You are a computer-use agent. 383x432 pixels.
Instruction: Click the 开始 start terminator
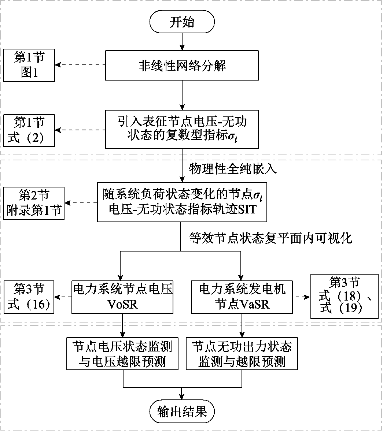182,22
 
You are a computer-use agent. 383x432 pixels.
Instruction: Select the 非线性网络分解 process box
182,66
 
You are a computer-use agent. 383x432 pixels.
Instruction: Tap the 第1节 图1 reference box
29,66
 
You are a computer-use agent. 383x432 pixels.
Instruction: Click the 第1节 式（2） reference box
29,130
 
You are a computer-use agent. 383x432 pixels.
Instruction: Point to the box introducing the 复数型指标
182,130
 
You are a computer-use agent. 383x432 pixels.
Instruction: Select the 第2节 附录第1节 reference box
34,203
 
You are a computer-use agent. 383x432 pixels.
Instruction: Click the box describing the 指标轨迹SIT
182,201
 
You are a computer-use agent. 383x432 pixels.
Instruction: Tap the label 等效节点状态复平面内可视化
270,238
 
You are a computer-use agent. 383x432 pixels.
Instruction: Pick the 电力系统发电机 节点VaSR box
242,297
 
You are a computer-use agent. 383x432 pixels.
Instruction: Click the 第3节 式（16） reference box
29,297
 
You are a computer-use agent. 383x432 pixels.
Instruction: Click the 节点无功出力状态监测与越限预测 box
242,353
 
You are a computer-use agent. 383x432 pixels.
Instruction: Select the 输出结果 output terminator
182,411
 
